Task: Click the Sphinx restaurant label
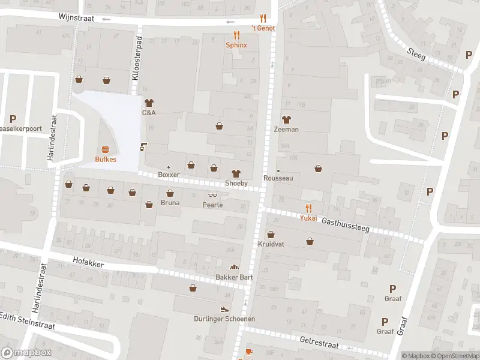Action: tap(236, 45)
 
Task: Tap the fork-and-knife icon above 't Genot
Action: tap(263, 18)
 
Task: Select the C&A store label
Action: tap(149, 112)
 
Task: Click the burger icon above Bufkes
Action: tap(106, 149)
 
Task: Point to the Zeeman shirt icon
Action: tap(286, 119)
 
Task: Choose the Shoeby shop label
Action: tap(236, 183)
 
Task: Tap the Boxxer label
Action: tap(169, 175)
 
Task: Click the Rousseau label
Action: tap(277, 178)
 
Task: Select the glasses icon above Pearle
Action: tap(212, 195)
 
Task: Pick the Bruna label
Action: tap(170, 203)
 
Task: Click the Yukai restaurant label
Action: tap(308, 218)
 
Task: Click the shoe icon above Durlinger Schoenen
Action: tap(224, 309)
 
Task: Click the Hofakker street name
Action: tap(88, 263)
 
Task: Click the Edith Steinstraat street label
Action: tap(28, 320)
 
